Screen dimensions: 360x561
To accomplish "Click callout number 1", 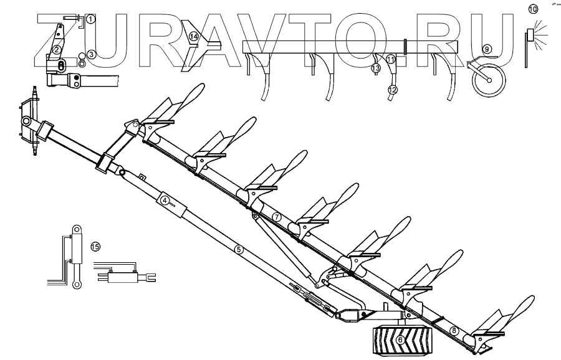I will [x=90, y=19].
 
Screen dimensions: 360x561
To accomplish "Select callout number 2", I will [x=56, y=50].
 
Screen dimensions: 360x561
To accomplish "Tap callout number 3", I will [x=91, y=55].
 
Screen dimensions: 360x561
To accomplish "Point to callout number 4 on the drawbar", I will [x=165, y=201].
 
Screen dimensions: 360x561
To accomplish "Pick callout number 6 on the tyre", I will [x=401, y=339].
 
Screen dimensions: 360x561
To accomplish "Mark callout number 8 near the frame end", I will [x=454, y=330].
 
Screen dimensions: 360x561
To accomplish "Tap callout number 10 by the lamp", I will [x=532, y=9].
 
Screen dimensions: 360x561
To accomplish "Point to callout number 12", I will [x=392, y=90].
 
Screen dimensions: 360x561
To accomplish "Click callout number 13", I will [x=376, y=67].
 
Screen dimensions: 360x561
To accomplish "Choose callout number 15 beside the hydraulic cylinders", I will [x=95, y=247].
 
